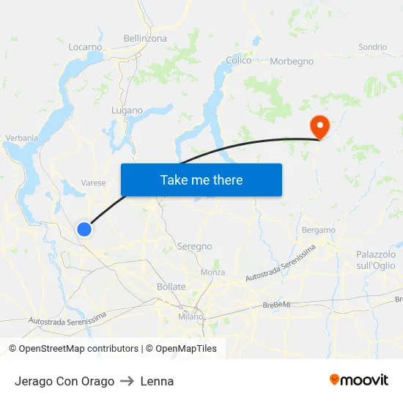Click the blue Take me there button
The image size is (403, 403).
point(201,180)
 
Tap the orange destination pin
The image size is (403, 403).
point(319,126)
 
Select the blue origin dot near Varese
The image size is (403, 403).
point(84,229)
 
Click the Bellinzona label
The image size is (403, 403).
point(145,38)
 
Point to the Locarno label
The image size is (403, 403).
point(85,47)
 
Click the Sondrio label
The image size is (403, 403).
point(372,47)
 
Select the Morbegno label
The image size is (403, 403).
point(292,62)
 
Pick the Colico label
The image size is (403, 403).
point(239,60)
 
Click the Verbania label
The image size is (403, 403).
point(21,137)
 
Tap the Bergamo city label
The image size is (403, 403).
point(318,231)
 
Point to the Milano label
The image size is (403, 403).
point(191,317)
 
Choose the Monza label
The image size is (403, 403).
point(212,272)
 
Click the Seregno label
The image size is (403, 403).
point(195,247)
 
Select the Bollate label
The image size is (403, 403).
point(171,286)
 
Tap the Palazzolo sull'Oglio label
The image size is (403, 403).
point(375,259)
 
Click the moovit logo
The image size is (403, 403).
point(358,380)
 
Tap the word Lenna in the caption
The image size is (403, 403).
point(157,381)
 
